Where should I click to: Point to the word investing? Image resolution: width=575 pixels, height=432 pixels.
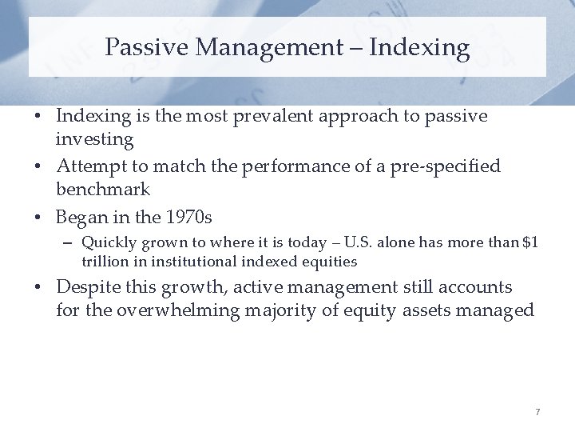(x=95, y=139)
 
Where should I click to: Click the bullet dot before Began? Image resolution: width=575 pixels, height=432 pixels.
(x=39, y=218)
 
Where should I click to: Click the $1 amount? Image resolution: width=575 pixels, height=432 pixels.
(x=529, y=242)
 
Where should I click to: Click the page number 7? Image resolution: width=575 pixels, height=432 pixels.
(x=537, y=412)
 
